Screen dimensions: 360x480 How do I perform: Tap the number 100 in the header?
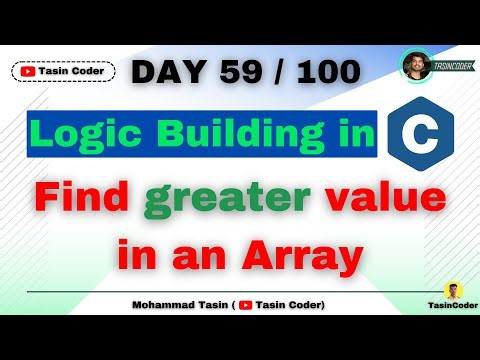tap(329, 72)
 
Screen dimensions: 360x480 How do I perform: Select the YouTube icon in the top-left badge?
tap(26, 71)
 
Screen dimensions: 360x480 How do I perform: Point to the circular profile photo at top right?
tap(415, 67)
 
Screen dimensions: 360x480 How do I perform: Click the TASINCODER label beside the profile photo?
tap(454, 67)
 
